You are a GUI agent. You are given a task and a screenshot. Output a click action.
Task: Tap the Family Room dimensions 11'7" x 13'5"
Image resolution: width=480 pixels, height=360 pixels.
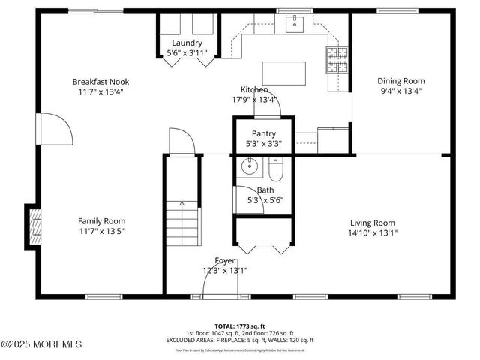102,232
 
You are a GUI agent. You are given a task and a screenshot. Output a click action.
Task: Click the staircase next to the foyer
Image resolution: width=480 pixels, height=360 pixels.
184,221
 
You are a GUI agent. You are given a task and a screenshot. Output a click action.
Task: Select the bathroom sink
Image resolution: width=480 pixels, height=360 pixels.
248,167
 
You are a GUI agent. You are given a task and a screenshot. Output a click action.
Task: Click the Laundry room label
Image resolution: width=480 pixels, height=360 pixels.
187,43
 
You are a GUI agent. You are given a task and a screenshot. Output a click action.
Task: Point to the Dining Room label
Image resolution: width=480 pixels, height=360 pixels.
400,81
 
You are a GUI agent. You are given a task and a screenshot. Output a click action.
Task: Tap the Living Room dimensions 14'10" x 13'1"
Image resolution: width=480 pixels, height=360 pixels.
373,232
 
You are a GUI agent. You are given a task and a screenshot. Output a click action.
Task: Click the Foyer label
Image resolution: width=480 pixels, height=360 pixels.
224,260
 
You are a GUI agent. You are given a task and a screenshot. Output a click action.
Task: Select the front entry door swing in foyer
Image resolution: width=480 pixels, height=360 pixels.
214,284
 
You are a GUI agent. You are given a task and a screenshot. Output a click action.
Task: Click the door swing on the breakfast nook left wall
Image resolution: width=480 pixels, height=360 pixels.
55,129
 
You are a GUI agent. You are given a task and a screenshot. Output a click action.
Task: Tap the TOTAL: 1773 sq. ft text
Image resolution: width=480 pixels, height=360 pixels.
239,326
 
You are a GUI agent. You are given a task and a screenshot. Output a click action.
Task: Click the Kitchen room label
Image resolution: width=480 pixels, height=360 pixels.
254,89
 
